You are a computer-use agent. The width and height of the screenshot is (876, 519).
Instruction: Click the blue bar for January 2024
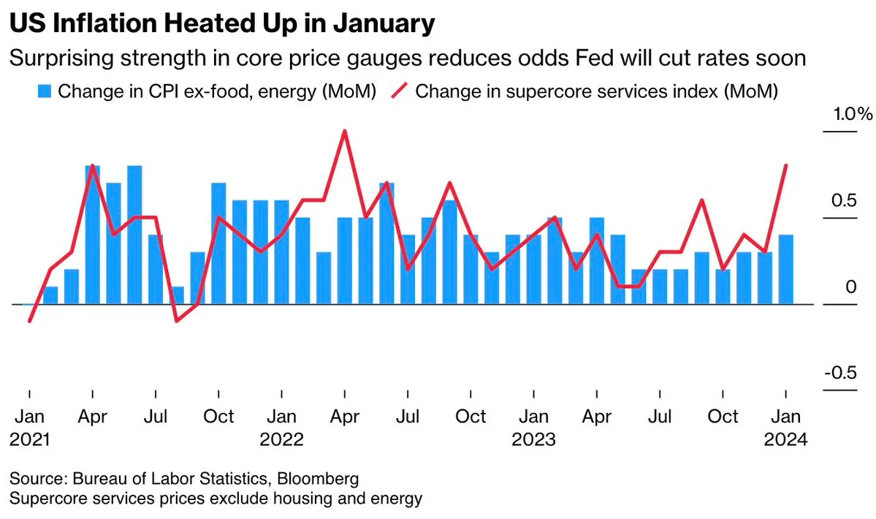[x=785, y=269]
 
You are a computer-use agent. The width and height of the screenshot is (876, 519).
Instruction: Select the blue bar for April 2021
[x=93, y=235]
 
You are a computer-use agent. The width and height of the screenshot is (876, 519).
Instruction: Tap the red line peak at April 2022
[x=344, y=132]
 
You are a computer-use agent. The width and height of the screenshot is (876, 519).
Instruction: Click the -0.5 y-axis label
[x=840, y=374]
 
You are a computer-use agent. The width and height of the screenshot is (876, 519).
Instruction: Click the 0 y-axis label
[x=850, y=287]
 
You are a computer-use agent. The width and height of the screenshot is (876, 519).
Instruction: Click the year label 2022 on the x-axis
[x=281, y=440]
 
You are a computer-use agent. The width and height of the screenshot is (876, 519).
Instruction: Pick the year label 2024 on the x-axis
[x=785, y=440]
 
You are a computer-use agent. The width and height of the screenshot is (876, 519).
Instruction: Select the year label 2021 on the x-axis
[x=29, y=440]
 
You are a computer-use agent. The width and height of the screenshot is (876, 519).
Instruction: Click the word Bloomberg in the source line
[x=321, y=480]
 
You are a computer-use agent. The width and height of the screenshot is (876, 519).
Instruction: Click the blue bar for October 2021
[x=218, y=243]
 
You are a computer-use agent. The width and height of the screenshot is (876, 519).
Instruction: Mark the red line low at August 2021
[x=177, y=321]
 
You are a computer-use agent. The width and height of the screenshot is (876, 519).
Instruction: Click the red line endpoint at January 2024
[x=785, y=166]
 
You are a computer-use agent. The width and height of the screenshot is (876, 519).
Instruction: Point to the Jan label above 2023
[x=533, y=417]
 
